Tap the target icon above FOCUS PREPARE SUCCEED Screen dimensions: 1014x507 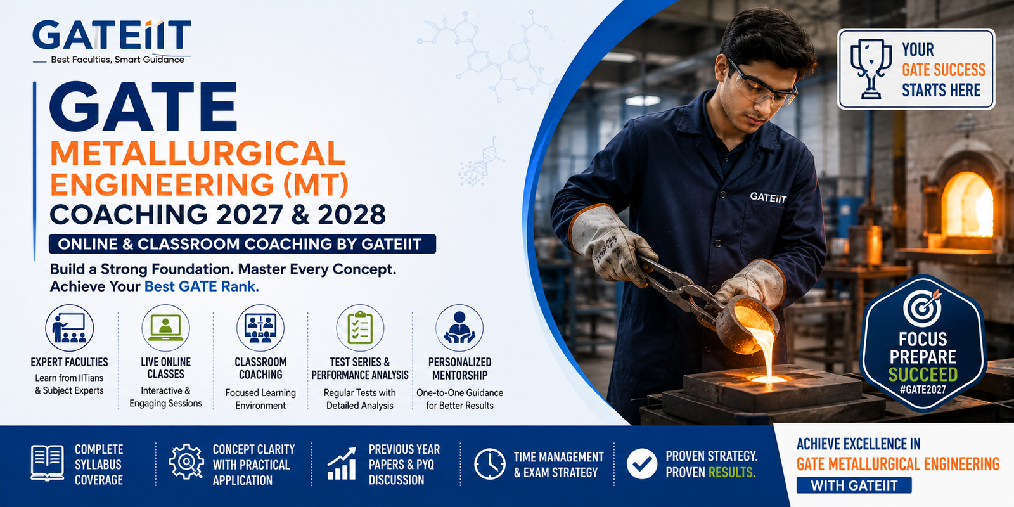[x=923, y=309]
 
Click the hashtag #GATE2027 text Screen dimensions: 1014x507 [x=923, y=390]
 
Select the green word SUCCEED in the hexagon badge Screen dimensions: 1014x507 [x=923, y=375]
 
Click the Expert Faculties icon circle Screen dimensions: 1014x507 [x=69, y=328]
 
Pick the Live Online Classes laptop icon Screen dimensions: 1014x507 [x=165, y=328]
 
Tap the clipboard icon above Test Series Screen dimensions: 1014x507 [x=360, y=328]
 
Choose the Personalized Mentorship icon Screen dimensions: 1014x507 [x=459, y=328]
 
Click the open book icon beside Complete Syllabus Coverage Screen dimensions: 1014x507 [x=47, y=463]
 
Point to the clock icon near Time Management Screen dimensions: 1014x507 [x=490, y=464]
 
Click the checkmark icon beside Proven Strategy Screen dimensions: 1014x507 [x=642, y=464]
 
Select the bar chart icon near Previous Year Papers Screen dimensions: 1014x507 [x=342, y=463]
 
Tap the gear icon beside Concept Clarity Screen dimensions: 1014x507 [x=186, y=462]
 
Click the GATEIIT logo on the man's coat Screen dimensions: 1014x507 [x=768, y=197]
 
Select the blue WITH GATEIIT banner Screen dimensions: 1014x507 [x=854, y=485]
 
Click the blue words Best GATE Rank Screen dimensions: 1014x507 [x=202, y=286]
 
